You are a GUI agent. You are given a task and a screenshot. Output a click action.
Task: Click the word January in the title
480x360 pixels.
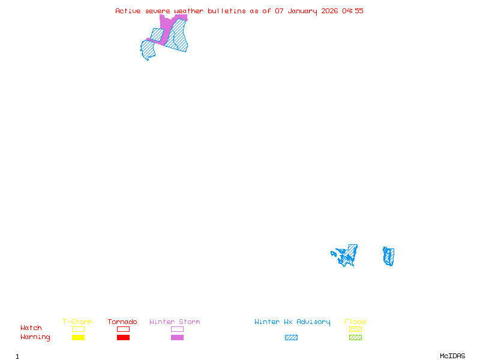pyautogui.click(x=302, y=11)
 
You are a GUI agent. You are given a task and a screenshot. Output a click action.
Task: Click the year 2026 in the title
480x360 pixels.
pyautogui.click(x=329, y=11)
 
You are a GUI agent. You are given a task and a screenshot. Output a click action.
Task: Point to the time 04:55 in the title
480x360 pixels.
pyautogui.click(x=353, y=11)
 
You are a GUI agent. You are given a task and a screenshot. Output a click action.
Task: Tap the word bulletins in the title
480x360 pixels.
pyautogui.click(x=227, y=11)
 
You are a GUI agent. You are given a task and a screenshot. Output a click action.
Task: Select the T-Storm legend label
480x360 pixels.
pyautogui.click(x=77, y=322)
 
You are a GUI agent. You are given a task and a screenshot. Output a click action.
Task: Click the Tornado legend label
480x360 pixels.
pyautogui.click(x=122, y=322)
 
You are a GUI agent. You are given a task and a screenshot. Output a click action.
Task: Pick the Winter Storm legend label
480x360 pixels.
pyautogui.click(x=175, y=322)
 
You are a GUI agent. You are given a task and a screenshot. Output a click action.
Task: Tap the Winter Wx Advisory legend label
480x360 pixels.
pyautogui.click(x=292, y=322)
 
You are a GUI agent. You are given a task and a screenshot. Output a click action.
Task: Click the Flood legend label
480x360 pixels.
pyautogui.click(x=355, y=322)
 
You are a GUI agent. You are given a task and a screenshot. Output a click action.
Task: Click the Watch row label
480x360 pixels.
pyautogui.click(x=31, y=328)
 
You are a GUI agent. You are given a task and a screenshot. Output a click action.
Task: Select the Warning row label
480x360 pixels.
pyautogui.click(x=35, y=337)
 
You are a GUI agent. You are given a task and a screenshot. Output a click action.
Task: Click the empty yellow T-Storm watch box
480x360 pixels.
pyautogui.click(x=79, y=329)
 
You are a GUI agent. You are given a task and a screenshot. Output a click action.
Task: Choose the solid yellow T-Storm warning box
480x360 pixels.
pyautogui.click(x=79, y=337)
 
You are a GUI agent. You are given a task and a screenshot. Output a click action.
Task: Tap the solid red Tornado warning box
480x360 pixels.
pyautogui.click(x=124, y=337)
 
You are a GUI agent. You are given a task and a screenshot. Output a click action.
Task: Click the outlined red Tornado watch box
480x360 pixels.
pyautogui.click(x=124, y=329)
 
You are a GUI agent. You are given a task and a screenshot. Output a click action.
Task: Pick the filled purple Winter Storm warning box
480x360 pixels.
pyautogui.click(x=177, y=337)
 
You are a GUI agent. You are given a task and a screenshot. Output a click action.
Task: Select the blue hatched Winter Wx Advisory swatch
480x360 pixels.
pyautogui.click(x=291, y=337)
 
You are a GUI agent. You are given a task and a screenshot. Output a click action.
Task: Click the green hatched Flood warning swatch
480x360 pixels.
pyautogui.click(x=355, y=337)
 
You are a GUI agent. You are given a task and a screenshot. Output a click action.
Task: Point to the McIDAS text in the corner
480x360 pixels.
pyautogui.click(x=452, y=356)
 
